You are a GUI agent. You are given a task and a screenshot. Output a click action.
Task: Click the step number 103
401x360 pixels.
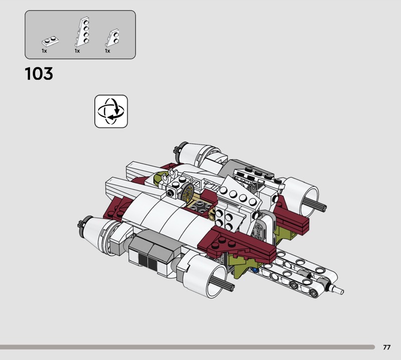coord(39,74)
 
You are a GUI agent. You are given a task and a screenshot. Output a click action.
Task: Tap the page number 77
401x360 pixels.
coord(386,347)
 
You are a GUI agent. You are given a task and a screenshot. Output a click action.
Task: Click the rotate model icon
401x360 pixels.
coord(111,111)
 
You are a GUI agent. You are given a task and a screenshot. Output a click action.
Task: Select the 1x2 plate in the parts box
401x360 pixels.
coord(51,41)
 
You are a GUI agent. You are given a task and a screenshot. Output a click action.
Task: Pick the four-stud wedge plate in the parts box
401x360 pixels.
coord(83,32)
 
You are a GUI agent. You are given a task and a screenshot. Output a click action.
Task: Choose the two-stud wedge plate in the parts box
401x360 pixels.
coord(112,38)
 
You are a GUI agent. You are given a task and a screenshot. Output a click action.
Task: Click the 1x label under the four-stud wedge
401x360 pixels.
coord(77,51)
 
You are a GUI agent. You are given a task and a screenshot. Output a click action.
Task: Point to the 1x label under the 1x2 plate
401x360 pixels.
coord(44,51)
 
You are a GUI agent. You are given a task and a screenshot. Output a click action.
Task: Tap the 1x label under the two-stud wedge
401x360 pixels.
coord(107,51)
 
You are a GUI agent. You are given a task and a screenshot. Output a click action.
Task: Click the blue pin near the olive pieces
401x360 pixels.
coord(255,270)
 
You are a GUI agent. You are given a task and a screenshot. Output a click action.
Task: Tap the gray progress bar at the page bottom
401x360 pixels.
coord(187,347)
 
